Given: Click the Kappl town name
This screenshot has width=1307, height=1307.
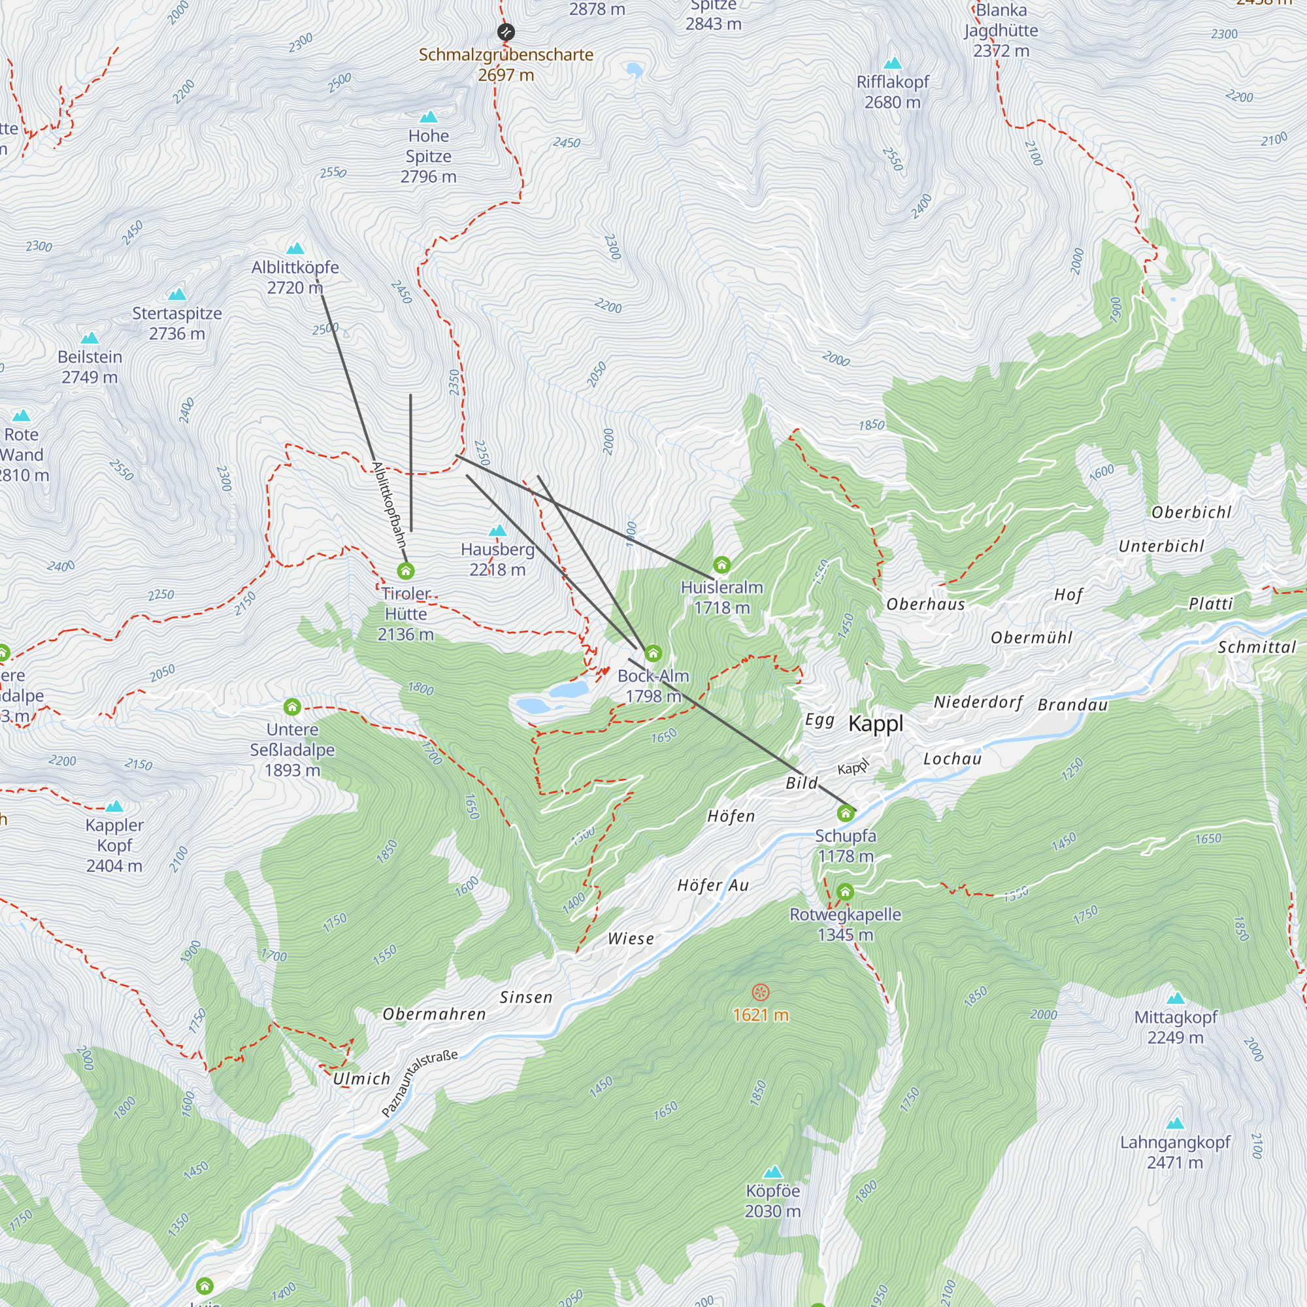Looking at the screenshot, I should (x=876, y=723).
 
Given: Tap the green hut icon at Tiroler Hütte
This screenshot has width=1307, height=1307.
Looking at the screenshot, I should (x=405, y=571).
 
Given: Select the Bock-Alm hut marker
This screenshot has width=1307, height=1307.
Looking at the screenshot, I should (x=653, y=653).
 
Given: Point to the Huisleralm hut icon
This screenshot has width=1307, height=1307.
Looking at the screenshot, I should (x=722, y=564).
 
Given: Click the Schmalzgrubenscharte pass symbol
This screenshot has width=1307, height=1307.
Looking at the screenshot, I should (x=505, y=32).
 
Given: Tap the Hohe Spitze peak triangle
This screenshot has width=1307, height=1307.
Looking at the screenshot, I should (x=428, y=117).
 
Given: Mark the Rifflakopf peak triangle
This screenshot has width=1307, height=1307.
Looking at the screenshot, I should (x=892, y=63).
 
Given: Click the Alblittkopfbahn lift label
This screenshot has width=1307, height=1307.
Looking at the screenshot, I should (x=389, y=504).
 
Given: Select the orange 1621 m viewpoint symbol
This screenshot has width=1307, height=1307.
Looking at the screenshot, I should (x=761, y=993).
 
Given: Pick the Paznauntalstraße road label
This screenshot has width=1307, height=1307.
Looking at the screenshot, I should (x=420, y=1083).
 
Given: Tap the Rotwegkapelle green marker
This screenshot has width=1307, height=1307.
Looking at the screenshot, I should (x=845, y=891).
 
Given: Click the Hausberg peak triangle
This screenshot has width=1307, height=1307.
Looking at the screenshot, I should (x=497, y=531).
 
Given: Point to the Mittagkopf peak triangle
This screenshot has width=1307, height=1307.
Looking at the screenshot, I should (x=1175, y=998).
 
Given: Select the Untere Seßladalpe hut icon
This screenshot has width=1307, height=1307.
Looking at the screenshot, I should (x=292, y=707).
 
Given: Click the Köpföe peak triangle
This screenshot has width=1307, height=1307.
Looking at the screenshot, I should (x=772, y=1172).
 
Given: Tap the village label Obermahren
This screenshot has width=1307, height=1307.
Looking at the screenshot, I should (x=435, y=1014).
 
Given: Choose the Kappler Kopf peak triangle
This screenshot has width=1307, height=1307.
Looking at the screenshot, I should (x=114, y=806).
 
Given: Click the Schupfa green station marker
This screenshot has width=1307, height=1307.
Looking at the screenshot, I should (x=845, y=812).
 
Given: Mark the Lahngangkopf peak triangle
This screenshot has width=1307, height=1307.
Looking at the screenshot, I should (x=1175, y=1123).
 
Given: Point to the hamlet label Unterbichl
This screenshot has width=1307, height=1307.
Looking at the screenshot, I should (x=1161, y=546).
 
